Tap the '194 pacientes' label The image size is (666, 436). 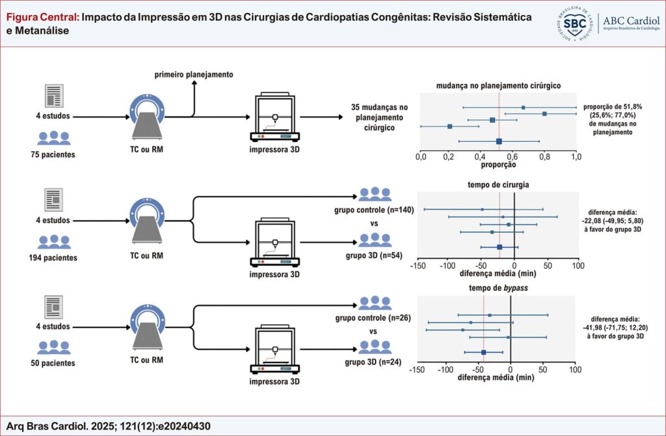(53, 258)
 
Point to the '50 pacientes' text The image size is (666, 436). (53, 362)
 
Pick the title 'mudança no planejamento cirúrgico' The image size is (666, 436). (498, 85)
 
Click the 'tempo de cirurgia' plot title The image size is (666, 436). (498, 184)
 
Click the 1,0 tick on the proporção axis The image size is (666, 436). (576, 157)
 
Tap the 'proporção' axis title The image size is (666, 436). (498, 165)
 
